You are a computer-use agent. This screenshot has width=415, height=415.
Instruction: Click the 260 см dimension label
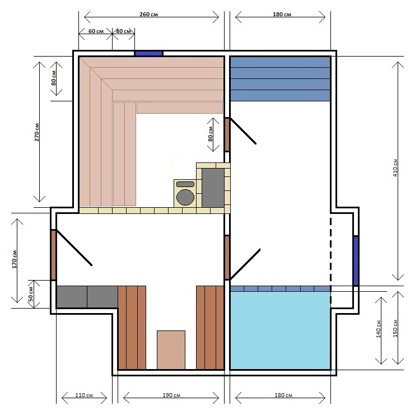point(148,15)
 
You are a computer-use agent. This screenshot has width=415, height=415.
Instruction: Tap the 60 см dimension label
point(96,31)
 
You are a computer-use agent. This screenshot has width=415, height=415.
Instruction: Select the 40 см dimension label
point(124,31)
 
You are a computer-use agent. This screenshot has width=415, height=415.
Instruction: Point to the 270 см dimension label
point(37,132)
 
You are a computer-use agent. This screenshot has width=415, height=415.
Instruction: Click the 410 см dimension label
point(395,168)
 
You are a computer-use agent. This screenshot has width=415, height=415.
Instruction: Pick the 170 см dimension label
point(15,259)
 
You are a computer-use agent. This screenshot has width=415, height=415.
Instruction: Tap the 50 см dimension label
point(31,294)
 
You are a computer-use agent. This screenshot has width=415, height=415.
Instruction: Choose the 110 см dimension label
point(84,395)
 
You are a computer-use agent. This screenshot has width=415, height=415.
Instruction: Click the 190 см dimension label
point(171,395)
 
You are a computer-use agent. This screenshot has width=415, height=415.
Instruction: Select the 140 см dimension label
point(378,329)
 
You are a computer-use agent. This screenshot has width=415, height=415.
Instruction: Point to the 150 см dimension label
point(395,328)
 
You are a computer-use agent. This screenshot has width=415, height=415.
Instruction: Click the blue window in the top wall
point(148,53)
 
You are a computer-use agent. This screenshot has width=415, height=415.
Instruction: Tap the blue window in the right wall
point(356,261)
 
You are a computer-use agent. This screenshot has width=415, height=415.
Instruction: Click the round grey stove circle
point(185,197)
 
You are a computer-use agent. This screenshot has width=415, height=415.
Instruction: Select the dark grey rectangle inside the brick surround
point(213,188)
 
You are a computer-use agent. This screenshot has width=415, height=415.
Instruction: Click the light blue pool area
point(280,330)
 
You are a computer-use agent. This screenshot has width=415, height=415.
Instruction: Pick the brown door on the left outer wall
point(53,255)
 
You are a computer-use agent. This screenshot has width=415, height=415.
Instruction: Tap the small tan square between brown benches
point(171,349)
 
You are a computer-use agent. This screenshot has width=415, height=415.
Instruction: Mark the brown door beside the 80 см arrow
point(227,134)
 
